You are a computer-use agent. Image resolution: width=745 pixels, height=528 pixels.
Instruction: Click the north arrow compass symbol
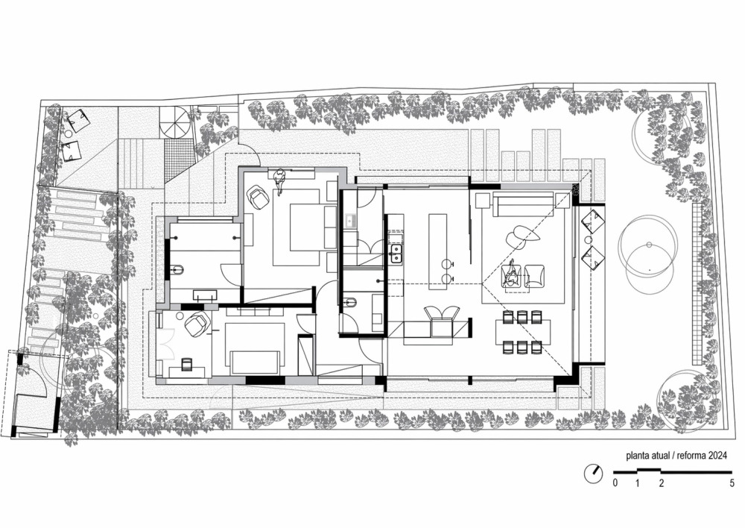pyautogui.click(x=593, y=474)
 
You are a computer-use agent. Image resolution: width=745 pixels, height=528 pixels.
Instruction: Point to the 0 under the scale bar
pyautogui.click(x=615, y=484)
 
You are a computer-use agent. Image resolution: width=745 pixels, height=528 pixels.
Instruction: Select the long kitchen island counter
pyautogui.click(x=437, y=251)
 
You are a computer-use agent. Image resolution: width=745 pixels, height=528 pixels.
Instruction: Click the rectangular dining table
pyautogui.click(x=523, y=332)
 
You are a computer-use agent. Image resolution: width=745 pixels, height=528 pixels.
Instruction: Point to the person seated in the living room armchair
pyautogui.click(x=511, y=274)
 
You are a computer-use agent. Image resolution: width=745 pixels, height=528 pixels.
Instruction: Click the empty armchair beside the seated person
pyautogui.click(x=534, y=276)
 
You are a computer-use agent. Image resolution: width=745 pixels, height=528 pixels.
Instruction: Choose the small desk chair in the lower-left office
pyautogui.click(x=186, y=365)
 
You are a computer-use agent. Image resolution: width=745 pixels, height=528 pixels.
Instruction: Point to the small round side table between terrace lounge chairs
pyautogui.click(x=590, y=240)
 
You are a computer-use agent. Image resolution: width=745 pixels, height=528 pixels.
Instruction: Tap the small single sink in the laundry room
pyautogui.click(x=351, y=220)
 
